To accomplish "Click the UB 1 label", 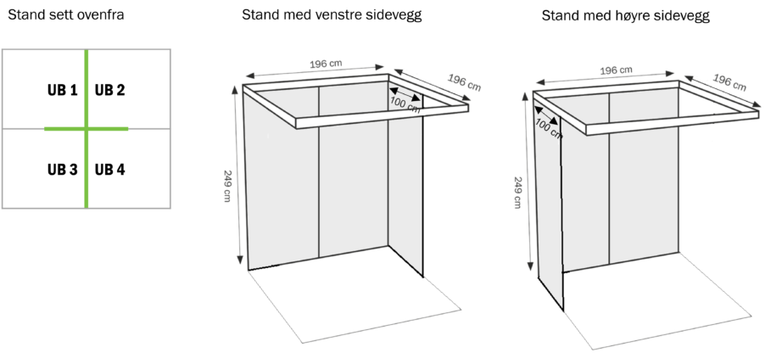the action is coord(63,90).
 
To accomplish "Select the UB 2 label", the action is coord(109,90).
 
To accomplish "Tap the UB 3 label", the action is coord(63,170).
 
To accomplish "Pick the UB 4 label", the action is coord(109,170).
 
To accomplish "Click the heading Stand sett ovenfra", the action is coord(66,15).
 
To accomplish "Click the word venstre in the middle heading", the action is coord(339,15).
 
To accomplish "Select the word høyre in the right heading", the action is coord(634,16).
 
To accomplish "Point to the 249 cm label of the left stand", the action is coord(227,186).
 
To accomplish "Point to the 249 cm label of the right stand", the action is coord(517,193).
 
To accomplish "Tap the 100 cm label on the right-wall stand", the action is coord(549,130).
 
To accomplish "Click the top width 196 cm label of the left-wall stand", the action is coord(326,64).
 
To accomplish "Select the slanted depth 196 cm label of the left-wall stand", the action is coord(464,83).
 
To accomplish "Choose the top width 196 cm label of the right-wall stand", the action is coord(616,70).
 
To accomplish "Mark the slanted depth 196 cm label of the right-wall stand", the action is coord(729,83).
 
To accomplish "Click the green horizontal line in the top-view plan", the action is coord(87,129).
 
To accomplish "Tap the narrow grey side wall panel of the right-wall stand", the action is coord(549,210).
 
